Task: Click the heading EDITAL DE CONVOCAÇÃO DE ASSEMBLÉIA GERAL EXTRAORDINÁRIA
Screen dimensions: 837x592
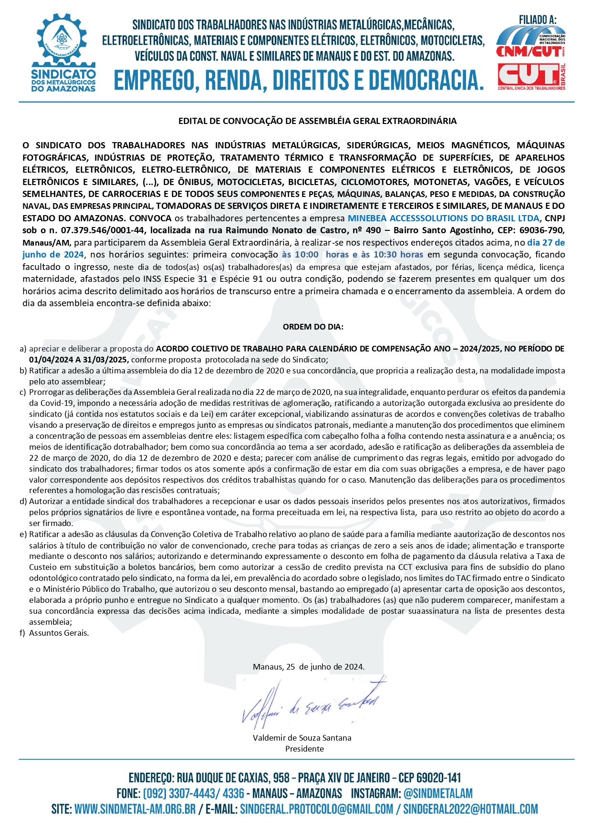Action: (x=317, y=121)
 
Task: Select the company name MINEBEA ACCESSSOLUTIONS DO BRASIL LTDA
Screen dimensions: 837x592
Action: (x=443, y=218)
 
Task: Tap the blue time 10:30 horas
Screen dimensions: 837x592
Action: (x=398, y=255)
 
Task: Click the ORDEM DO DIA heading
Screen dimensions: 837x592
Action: (x=313, y=327)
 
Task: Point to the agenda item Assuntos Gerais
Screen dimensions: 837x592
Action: (x=59, y=633)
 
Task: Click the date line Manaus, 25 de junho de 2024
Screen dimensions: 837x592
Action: (x=309, y=667)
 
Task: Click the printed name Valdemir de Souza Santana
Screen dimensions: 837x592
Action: (x=302, y=738)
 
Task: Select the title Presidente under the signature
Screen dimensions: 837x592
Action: (x=304, y=749)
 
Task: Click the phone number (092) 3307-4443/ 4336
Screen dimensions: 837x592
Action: (x=193, y=794)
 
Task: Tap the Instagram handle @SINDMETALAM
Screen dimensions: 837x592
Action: (x=438, y=794)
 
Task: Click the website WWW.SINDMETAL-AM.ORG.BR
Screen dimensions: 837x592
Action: (x=135, y=810)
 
